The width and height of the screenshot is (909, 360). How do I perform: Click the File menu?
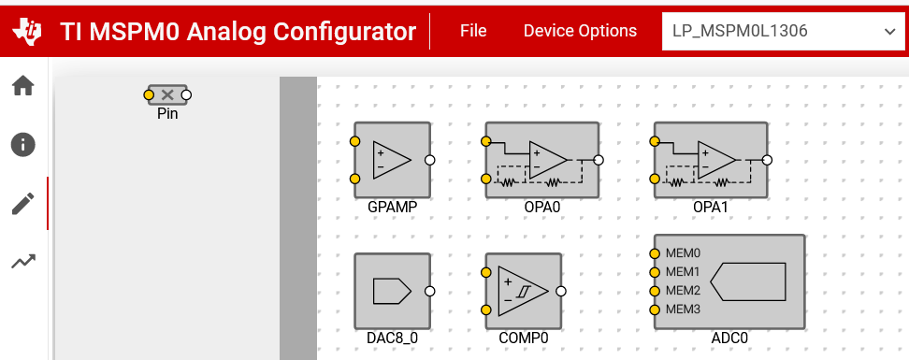tap(473, 31)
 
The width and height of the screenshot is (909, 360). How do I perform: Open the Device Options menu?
tap(580, 31)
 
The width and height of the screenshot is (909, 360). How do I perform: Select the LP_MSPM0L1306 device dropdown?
tap(783, 31)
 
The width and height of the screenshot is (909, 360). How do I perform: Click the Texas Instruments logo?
tap(27, 31)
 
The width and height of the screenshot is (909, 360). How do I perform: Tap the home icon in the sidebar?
tap(23, 86)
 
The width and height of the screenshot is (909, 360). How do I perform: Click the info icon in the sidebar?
tap(23, 144)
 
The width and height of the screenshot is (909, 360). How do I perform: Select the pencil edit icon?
tap(23, 204)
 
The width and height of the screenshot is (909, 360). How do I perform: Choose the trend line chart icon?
tap(23, 262)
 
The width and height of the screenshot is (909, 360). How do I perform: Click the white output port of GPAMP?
tap(429, 160)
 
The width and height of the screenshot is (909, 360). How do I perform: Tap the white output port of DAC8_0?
tap(429, 291)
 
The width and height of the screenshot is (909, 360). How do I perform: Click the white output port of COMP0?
tap(560, 291)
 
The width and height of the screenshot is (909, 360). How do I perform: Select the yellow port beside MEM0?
tap(655, 253)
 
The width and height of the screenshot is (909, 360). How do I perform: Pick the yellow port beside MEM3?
tap(655, 310)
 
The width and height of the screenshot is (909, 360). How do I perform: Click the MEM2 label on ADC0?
tap(683, 291)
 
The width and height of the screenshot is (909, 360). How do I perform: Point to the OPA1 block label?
tap(710, 207)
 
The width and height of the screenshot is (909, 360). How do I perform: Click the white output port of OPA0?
tap(599, 160)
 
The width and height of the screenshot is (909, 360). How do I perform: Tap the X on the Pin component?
tap(167, 94)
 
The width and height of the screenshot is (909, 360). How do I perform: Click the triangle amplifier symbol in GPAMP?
tap(392, 160)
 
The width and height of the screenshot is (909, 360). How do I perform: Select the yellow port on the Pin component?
tap(149, 94)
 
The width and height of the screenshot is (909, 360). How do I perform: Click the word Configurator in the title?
tap(344, 31)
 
